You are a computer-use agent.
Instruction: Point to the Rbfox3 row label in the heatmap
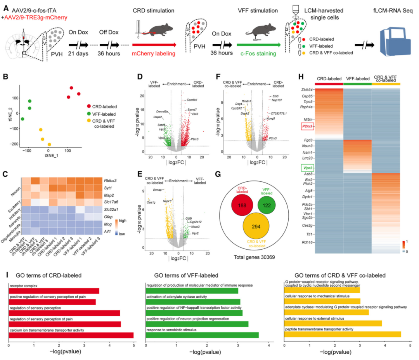tap(110, 180)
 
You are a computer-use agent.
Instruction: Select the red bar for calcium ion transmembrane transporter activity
tap(71, 335)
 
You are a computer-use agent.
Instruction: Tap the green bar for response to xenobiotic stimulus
tap(202, 335)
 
